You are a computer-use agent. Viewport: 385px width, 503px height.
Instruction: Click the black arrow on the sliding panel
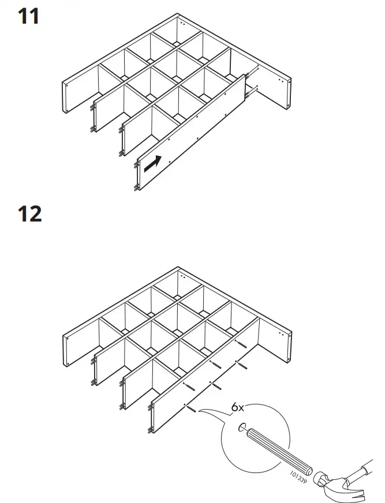tap(152, 163)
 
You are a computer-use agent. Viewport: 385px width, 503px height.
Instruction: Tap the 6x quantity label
tap(238, 407)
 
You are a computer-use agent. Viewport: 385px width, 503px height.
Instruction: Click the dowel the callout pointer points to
tap(190, 408)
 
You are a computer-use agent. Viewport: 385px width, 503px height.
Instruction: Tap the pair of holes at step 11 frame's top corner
tap(182, 25)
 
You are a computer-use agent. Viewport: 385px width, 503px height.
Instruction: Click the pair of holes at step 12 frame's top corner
tap(182, 276)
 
